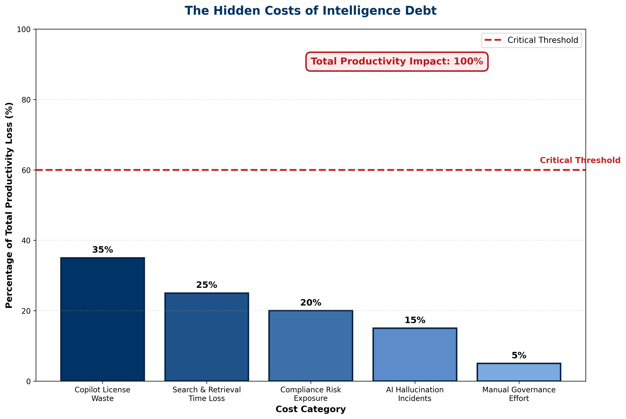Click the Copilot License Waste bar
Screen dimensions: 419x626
pyautogui.click(x=103, y=319)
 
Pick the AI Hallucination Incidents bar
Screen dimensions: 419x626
pyautogui.click(x=415, y=355)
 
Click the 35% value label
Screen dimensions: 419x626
pyautogui.click(x=103, y=250)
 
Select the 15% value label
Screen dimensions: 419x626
pyautogui.click(x=415, y=320)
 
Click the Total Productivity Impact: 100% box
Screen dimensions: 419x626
pyautogui.click(x=397, y=61)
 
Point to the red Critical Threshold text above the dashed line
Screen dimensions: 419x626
pyautogui.click(x=580, y=160)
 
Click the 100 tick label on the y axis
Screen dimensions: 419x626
pyautogui.click(x=24, y=29)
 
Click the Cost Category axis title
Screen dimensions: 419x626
pyautogui.click(x=311, y=409)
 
